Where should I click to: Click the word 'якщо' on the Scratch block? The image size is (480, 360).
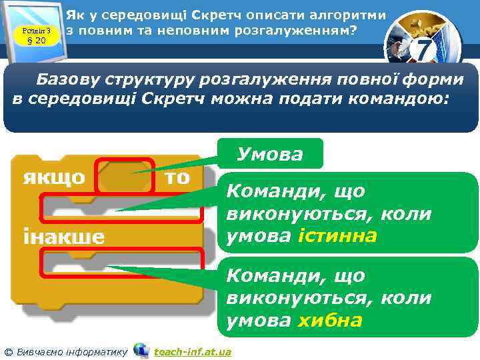[x=54, y=177]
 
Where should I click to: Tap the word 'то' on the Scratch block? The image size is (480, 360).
[x=176, y=177]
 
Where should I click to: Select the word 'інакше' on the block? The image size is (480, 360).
[x=64, y=237]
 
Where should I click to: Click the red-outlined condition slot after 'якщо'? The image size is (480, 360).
[x=125, y=177]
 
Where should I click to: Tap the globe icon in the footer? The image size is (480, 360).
[x=141, y=350]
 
